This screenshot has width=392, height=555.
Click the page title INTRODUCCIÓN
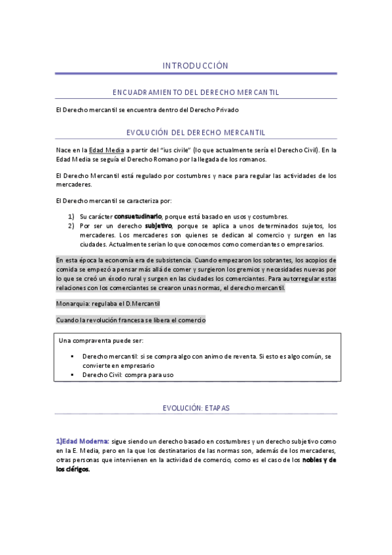click(196, 65)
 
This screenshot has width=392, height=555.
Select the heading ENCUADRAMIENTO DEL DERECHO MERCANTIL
click(196, 92)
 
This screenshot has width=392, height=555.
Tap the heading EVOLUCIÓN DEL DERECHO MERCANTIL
click(196, 133)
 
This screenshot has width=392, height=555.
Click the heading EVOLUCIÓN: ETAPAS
click(196, 408)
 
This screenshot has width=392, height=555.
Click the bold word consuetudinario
click(138, 217)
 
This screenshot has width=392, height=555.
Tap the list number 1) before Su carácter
click(71, 217)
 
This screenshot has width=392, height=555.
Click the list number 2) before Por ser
click(71, 226)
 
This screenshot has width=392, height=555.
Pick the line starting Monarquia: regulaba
click(108, 304)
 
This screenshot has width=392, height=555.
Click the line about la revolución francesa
click(131, 320)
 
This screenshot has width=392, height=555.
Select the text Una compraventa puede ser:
click(101, 341)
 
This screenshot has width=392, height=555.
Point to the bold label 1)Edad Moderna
click(82, 442)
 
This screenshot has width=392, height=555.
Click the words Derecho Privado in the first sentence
click(217, 109)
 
